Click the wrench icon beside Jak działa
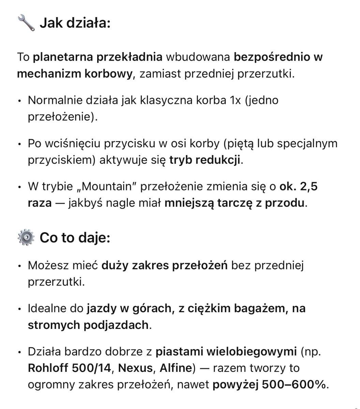pos(26,23)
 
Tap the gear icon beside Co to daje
pos(26,238)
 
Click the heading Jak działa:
pos(75,24)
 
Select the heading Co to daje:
pos(75,238)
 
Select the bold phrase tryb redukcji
pos(205,160)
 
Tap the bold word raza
pos(40,203)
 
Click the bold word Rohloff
pos(48,368)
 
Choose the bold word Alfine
pos(176,368)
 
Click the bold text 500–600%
pos(294,385)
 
